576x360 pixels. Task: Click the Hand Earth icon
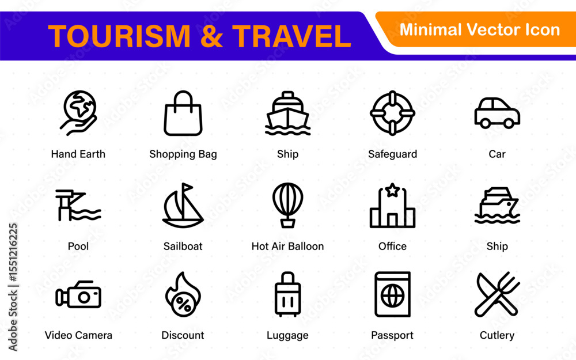click(x=78, y=113)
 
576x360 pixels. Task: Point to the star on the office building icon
click(x=392, y=190)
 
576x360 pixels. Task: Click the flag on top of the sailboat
click(x=187, y=187)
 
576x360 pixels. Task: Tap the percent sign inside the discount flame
click(x=184, y=305)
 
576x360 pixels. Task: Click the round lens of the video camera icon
click(x=84, y=297)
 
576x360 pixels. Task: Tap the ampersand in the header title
click(x=211, y=36)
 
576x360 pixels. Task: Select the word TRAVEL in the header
click(x=291, y=36)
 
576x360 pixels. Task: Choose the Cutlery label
click(x=497, y=335)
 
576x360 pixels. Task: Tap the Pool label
click(x=78, y=246)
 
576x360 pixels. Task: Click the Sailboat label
click(x=183, y=246)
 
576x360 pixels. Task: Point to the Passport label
click(x=392, y=335)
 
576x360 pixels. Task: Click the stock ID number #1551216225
click(x=13, y=252)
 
